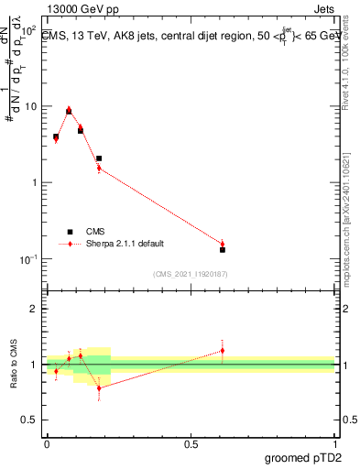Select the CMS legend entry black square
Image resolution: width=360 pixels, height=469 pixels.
69,232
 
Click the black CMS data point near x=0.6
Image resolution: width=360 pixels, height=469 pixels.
223,249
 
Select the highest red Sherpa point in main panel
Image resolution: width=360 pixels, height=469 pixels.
69,108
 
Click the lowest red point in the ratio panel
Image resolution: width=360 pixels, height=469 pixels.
99,388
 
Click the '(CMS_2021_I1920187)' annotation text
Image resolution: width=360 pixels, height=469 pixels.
190,274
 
